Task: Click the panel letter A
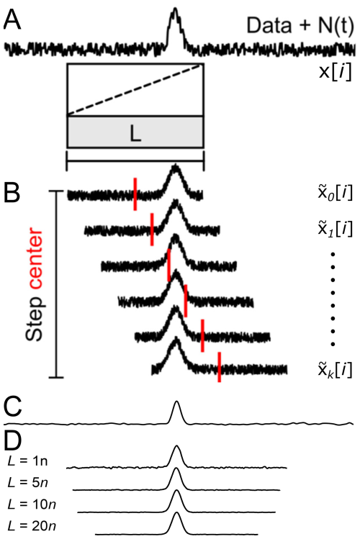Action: coord(12,19)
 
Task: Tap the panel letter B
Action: coord(12,193)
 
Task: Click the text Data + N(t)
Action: coord(300,26)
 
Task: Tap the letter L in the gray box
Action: coord(135,134)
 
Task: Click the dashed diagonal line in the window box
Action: coord(135,89)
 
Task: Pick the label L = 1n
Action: coord(27,461)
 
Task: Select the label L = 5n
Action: coord(27,483)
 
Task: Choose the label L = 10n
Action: coord(32,504)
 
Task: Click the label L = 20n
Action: coord(32,526)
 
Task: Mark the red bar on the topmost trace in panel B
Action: coord(135,194)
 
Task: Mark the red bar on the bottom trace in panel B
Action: coord(219,367)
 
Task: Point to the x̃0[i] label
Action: coord(335,193)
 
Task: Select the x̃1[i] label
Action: coord(335,229)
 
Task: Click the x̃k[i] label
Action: coord(335,370)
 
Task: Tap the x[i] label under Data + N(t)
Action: coord(336,72)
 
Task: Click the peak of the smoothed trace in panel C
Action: coord(176,401)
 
